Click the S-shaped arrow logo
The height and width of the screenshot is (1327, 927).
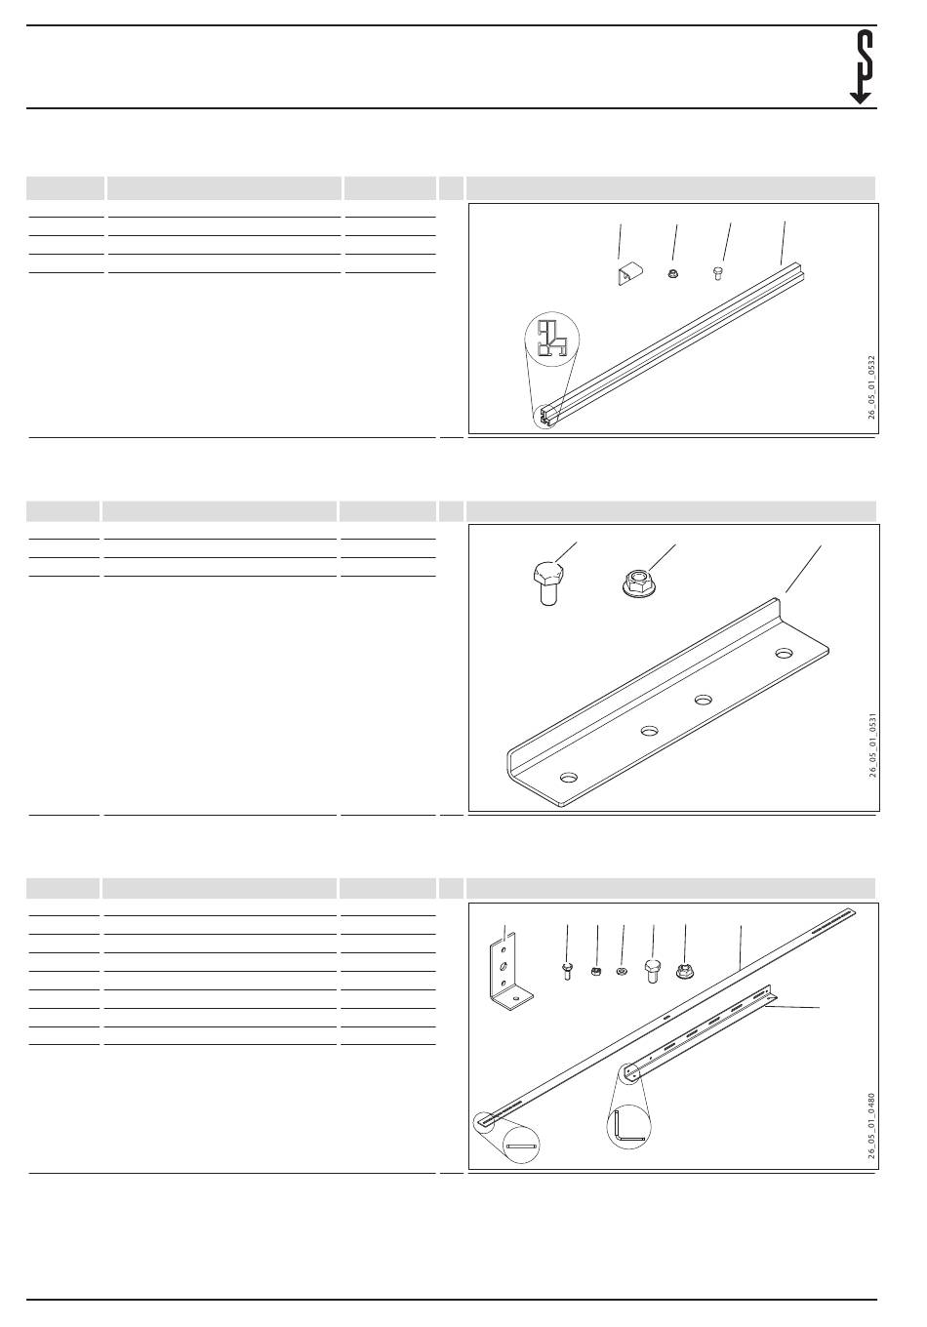click(x=861, y=66)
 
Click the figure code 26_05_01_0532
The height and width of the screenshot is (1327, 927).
click(x=871, y=387)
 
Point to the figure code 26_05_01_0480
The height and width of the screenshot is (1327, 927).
click(x=871, y=1126)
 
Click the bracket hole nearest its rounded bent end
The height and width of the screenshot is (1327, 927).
click(x=569, y=776)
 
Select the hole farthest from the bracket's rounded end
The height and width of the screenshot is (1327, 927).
click(x=785, y=653)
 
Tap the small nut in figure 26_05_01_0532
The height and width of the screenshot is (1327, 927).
click(x=672, y=273)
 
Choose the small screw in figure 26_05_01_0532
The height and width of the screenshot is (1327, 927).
click(x=717, y=273)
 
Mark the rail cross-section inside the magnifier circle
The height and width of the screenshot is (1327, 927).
click(x=552, y=341)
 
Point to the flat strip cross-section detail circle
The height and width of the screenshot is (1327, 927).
click(x=522, y=1146)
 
